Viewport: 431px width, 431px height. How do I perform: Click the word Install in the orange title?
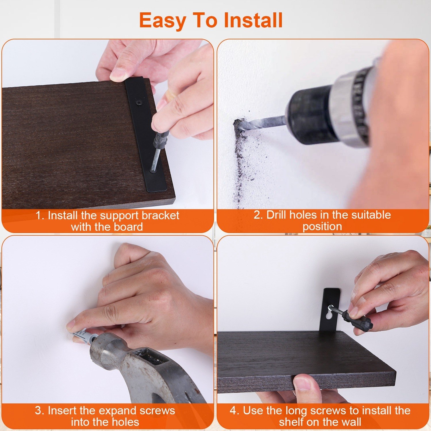pos(253,20)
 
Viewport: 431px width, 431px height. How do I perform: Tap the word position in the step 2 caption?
pos(322,227)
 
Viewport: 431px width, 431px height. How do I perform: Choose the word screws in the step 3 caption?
pos(157,411)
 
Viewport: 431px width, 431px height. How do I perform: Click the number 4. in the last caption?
pos(234,411)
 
